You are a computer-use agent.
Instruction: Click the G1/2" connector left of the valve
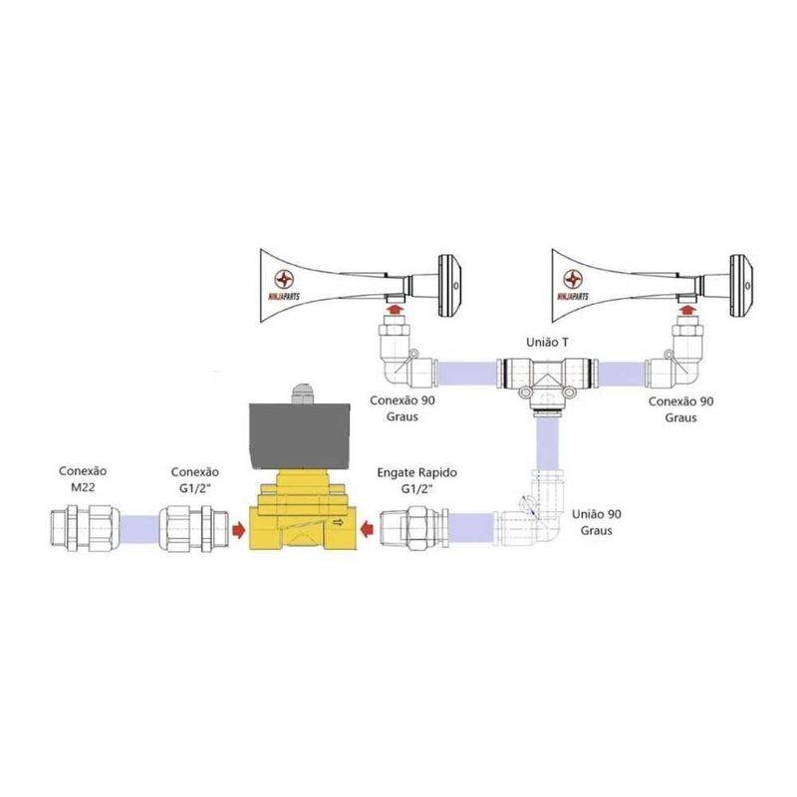point(190,525)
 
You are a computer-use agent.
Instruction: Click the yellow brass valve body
point(298,518)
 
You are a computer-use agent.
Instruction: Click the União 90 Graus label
point(600,521)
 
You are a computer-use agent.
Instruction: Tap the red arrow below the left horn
point(397,310)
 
